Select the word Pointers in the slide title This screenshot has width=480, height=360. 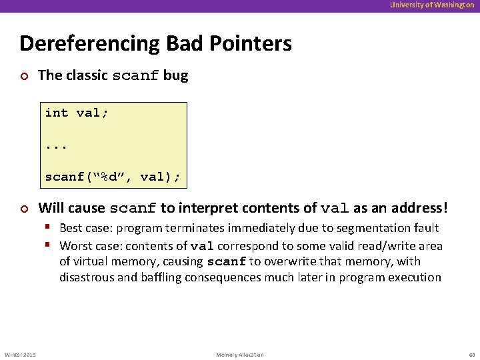[x=252, y=44]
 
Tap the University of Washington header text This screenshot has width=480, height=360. [x=432, y=5]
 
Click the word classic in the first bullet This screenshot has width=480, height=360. [x=85, y=75]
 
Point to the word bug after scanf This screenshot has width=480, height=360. [x=175, y=75]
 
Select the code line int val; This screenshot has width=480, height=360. [x=76, y=113]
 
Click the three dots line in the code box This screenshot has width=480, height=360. [x=57, y=145]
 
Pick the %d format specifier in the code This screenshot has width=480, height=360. [x=108, y=177]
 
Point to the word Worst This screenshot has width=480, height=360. [x=75, y=245]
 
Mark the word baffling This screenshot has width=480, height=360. [x=161, y=277]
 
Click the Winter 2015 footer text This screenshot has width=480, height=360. [x=20, y=355]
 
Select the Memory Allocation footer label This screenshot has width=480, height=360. [x=240, y=355]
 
